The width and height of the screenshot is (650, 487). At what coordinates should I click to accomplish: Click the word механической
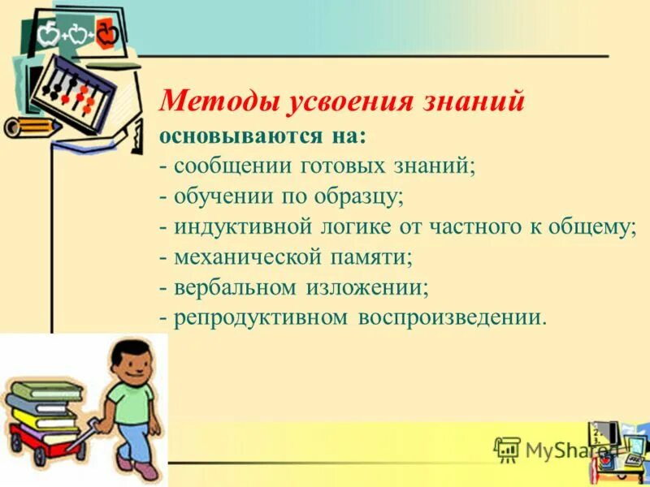coord(245,257)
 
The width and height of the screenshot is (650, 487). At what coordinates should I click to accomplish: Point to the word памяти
coord(369,257)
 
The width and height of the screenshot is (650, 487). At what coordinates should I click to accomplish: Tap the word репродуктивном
coord(259,317)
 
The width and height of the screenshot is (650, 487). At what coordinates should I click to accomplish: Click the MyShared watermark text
coord(561,450)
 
